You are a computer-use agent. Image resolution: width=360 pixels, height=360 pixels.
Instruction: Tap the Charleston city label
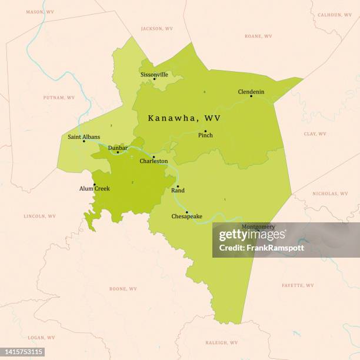point(154,161)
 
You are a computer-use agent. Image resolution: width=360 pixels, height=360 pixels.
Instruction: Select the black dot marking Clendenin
point(251,96)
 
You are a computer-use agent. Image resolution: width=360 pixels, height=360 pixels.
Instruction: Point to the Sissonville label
point(154,75)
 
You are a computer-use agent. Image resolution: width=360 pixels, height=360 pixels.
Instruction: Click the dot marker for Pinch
point(205,131)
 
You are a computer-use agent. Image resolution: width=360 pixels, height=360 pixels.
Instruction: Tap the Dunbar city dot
point(118,152)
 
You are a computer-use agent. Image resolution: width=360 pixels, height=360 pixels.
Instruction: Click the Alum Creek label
point(94,189)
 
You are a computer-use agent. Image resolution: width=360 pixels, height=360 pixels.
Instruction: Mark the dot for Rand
point(178,186)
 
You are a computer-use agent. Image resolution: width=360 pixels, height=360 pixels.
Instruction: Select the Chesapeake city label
point(186,216)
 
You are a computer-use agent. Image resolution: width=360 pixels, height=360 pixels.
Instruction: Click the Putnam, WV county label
point(59,98)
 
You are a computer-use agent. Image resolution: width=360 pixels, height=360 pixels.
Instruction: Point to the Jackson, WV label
point(157,28)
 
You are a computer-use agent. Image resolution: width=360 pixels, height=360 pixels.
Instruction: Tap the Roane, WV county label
point(258,36)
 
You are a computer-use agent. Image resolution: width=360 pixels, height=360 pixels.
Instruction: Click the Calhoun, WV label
point(335,15)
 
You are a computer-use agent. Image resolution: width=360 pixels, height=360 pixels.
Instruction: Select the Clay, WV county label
point(315,134)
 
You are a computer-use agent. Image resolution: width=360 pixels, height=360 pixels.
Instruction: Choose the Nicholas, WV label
point(330,194)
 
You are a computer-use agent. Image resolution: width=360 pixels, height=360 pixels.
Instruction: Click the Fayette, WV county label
point(298,285)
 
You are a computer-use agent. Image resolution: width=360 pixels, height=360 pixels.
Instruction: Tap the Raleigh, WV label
point(222,342)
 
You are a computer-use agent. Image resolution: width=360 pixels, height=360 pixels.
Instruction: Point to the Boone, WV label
point(123,289)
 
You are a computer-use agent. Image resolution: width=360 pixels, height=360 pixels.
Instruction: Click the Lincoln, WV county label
point(39,216)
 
